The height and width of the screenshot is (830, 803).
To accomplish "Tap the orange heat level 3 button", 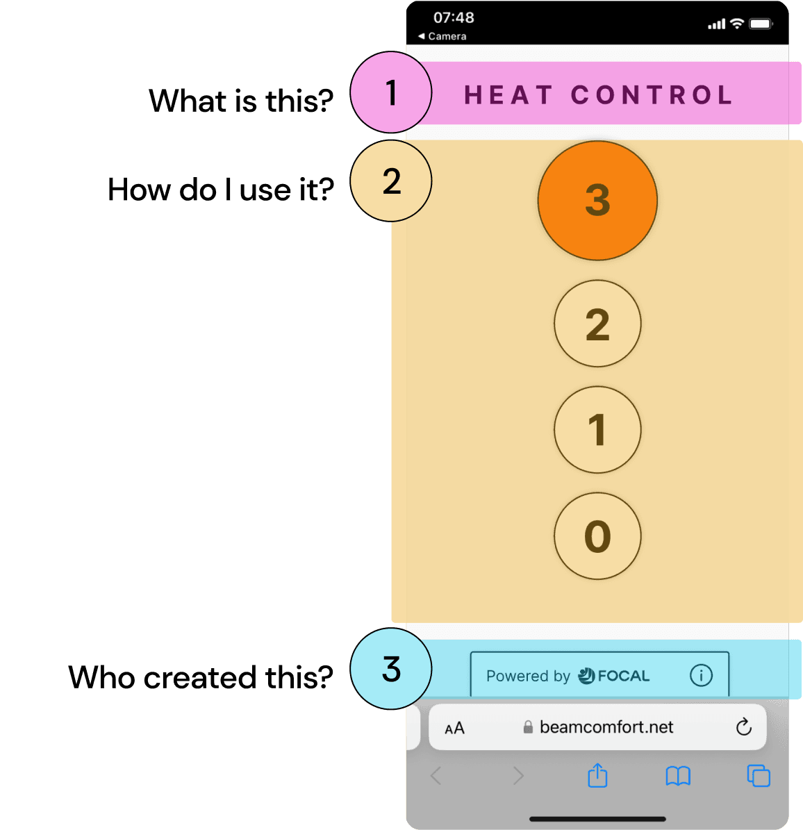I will tap(597, 201).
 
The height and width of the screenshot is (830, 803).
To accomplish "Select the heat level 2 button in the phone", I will tap(597, 324).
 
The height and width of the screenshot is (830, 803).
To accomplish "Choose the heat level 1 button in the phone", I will tap(597, 430).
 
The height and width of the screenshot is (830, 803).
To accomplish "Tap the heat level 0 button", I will tap(597, 536).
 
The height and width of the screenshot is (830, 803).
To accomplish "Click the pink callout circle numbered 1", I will tap(391, 92).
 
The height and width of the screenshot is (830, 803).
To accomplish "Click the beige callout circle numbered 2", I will tap(391, 181).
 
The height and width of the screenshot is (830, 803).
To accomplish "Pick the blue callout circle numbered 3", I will tap(391, 669).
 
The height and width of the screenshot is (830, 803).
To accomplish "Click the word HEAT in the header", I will tap(508, 95).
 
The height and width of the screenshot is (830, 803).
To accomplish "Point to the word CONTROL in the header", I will tap(652, 95).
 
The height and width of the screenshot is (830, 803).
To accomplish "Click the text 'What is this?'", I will tap(241, 101).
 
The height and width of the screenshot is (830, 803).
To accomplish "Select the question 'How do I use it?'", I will tap(221, 190).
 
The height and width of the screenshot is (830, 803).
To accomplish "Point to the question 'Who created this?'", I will tap(201, 677).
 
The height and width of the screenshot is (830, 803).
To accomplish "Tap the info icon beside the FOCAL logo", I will tap(701, 674).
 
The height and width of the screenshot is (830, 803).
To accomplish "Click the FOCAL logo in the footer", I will tap(614, 675).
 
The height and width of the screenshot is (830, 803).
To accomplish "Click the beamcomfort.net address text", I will tap(606, 727).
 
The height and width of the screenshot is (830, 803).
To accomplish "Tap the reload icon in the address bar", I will tap(743, 727).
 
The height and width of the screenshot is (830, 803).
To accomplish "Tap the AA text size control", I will tap(454, 728).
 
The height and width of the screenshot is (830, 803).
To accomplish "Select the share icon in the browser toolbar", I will tap(597, 775).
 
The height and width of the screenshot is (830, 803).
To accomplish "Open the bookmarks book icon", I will tap(678, 776).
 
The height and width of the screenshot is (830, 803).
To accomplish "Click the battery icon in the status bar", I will tap(761, 24).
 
